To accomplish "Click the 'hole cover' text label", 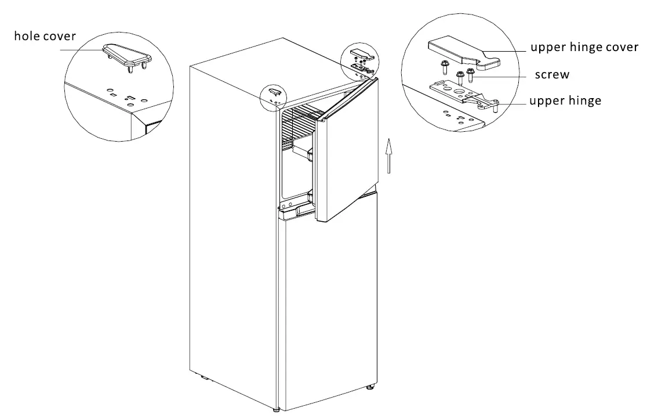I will pos(45,37).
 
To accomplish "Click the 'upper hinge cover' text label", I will pos(584,48).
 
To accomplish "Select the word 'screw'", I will pos(551,75).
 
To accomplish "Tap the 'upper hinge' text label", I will pos(565,101).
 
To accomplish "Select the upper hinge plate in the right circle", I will pos(458,92).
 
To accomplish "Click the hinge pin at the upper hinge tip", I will pos(496,106).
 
